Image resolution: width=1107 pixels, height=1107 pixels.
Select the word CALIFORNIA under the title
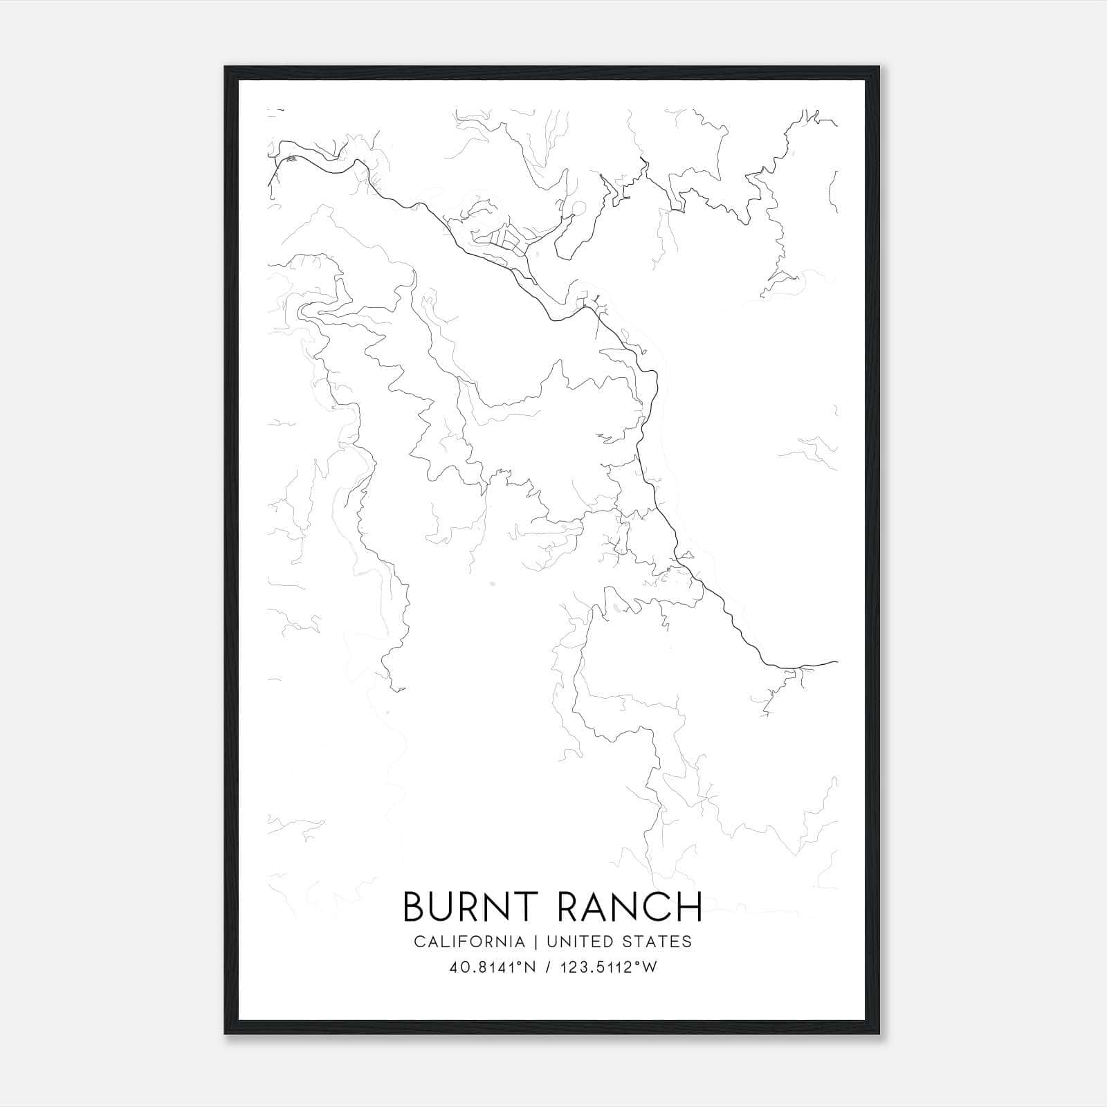coord(468,942)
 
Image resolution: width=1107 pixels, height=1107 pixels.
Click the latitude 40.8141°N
coord(493,968)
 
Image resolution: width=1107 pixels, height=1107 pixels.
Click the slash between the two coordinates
coord(547,968)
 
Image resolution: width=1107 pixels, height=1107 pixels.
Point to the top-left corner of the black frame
coord(226,67)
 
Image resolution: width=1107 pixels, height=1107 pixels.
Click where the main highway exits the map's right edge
coord(836,662)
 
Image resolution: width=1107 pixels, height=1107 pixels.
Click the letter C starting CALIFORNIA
coord(420,942)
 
